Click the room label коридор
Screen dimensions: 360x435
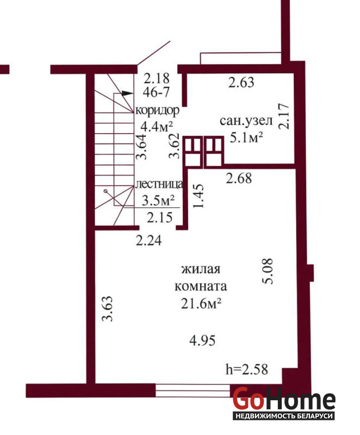(157, 110)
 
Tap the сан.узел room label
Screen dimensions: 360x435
(246, 121)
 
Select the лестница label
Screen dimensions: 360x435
(159, 184)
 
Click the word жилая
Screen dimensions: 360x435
(201, 269)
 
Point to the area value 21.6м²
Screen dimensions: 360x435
(201, 304)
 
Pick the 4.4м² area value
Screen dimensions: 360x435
(157, 127)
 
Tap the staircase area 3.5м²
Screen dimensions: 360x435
(158, 200)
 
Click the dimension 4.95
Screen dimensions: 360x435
(202, 340)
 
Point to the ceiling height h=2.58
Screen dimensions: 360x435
(247, 369)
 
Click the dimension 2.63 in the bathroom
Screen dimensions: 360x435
(241, 83)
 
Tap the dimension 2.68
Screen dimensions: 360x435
(239, 178)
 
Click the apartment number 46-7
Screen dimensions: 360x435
(156, 92)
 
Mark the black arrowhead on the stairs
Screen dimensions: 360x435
(126, 93)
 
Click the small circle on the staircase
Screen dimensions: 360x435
(105, 191)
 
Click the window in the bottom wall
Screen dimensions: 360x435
(193, 390)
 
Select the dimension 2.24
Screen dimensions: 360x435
(148, 240)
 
